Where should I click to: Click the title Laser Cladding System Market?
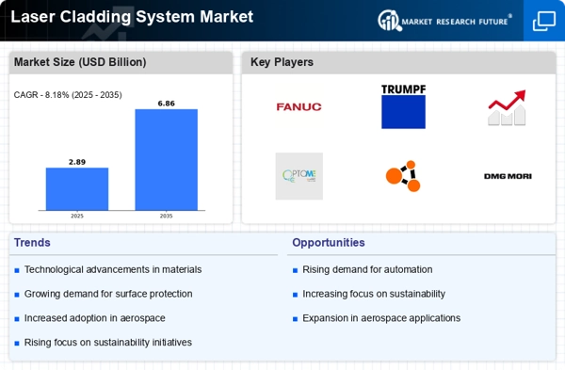[131, 17]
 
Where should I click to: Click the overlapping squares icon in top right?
[543, 20]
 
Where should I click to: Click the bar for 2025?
[77, 188]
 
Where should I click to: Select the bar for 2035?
[166, 159]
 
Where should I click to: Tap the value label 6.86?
[166, 102]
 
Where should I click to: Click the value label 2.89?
[77, 162]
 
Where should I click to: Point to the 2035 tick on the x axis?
[166, 215]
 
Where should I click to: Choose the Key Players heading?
[282, 62]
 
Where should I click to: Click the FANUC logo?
[299, 106]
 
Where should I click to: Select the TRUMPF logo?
[403, 106]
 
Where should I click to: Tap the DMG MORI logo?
[507, 176]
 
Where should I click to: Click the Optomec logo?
[299, 176]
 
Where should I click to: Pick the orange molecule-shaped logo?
[402, 176]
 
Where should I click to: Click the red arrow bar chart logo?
[507, 108]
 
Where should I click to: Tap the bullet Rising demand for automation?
[367, 269]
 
